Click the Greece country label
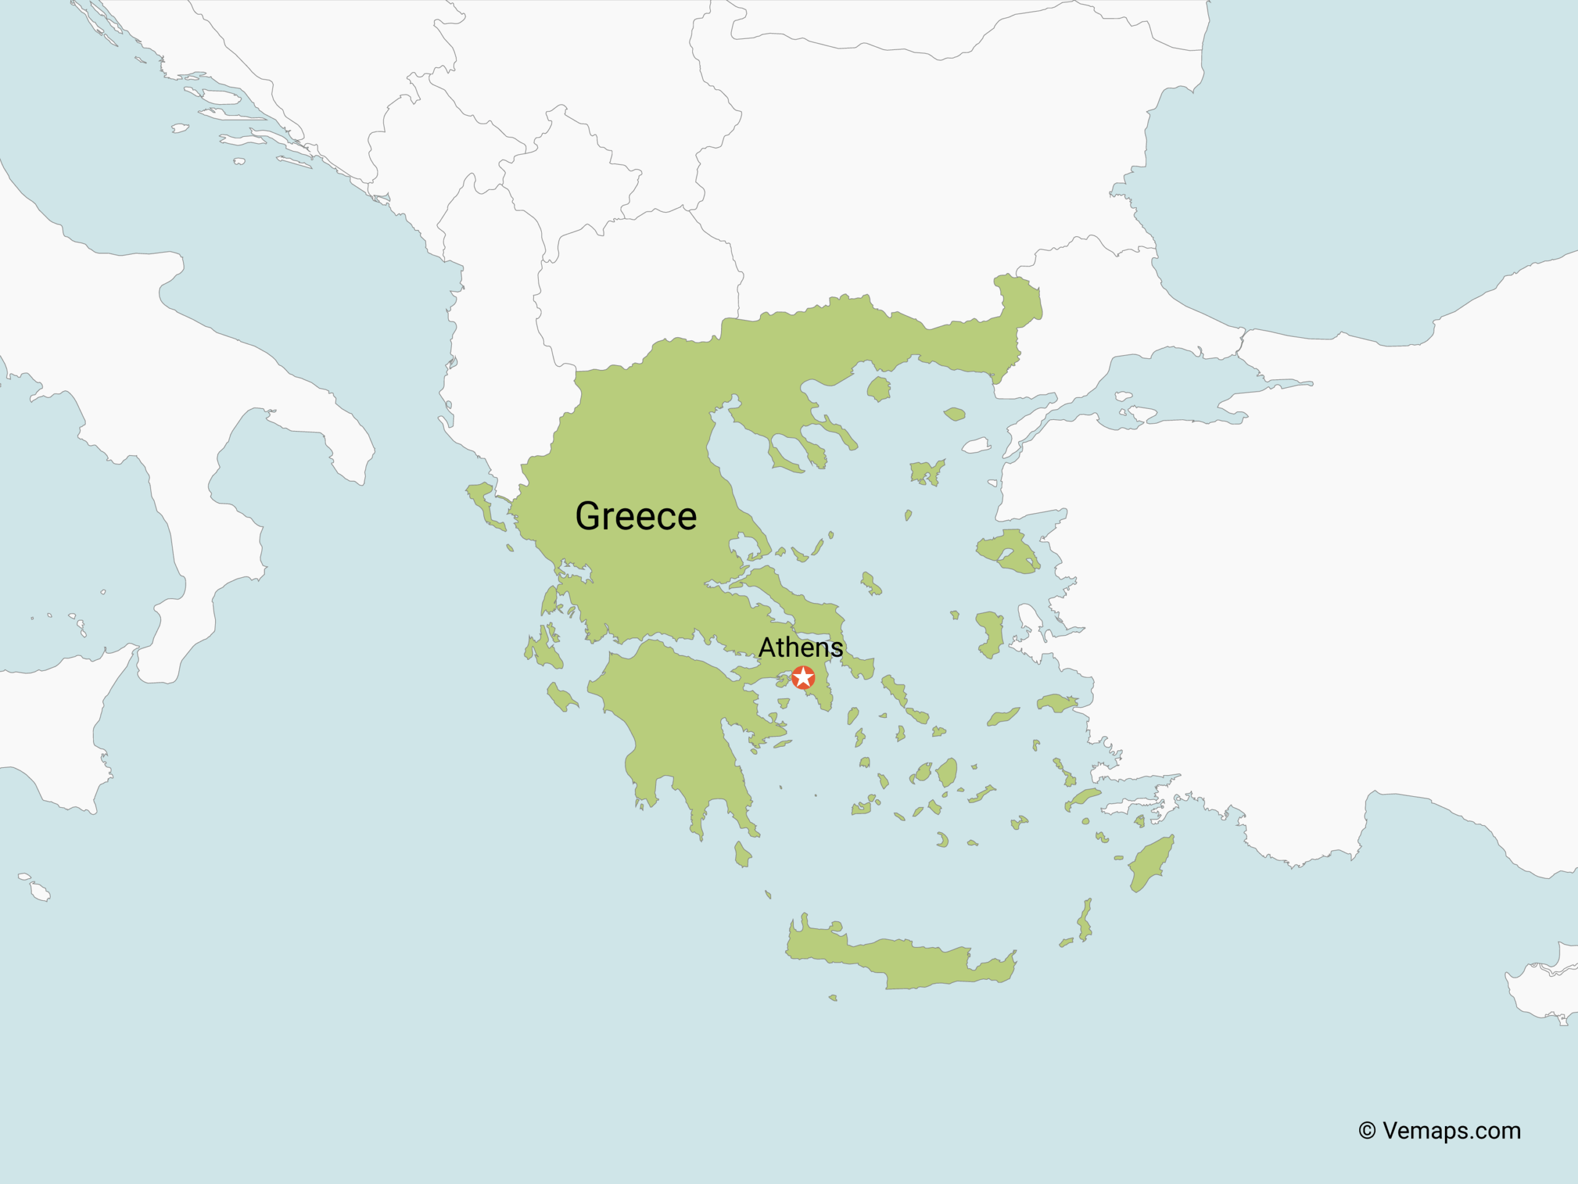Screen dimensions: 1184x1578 636,516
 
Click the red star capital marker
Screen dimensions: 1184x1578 803,677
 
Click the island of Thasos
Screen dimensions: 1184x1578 879,389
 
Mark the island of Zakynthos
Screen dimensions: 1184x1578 562,698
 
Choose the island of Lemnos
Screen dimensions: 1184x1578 925,472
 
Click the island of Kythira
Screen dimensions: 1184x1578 742,854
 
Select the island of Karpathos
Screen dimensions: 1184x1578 1085,921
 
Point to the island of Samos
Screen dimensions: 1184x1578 1057,704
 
